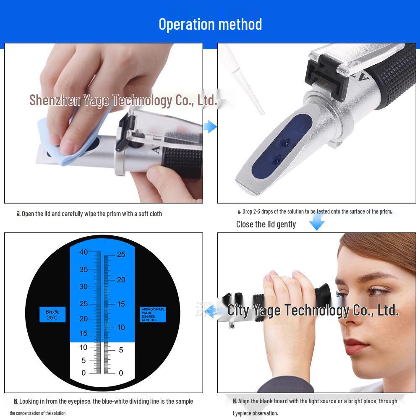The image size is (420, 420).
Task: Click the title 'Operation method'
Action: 210,24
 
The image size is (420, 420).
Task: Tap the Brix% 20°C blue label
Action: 52,314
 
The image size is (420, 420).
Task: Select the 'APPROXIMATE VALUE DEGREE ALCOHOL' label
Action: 153,314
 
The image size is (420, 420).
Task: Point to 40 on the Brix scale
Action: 83,252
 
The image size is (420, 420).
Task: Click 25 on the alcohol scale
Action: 121,254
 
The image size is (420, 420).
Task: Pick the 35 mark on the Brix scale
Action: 83,269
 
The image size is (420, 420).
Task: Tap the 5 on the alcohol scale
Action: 121,350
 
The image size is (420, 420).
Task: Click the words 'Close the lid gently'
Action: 266,224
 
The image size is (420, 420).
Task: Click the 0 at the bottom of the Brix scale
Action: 83,373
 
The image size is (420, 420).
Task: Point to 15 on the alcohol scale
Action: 121,304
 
